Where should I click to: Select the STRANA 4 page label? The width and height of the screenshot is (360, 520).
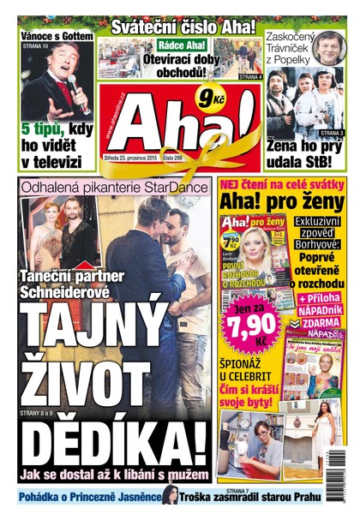(x=249, y=77)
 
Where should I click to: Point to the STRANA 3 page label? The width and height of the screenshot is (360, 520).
(x=333, y=134)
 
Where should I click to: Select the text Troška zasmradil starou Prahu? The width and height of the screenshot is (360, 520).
(x=249, y=496)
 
